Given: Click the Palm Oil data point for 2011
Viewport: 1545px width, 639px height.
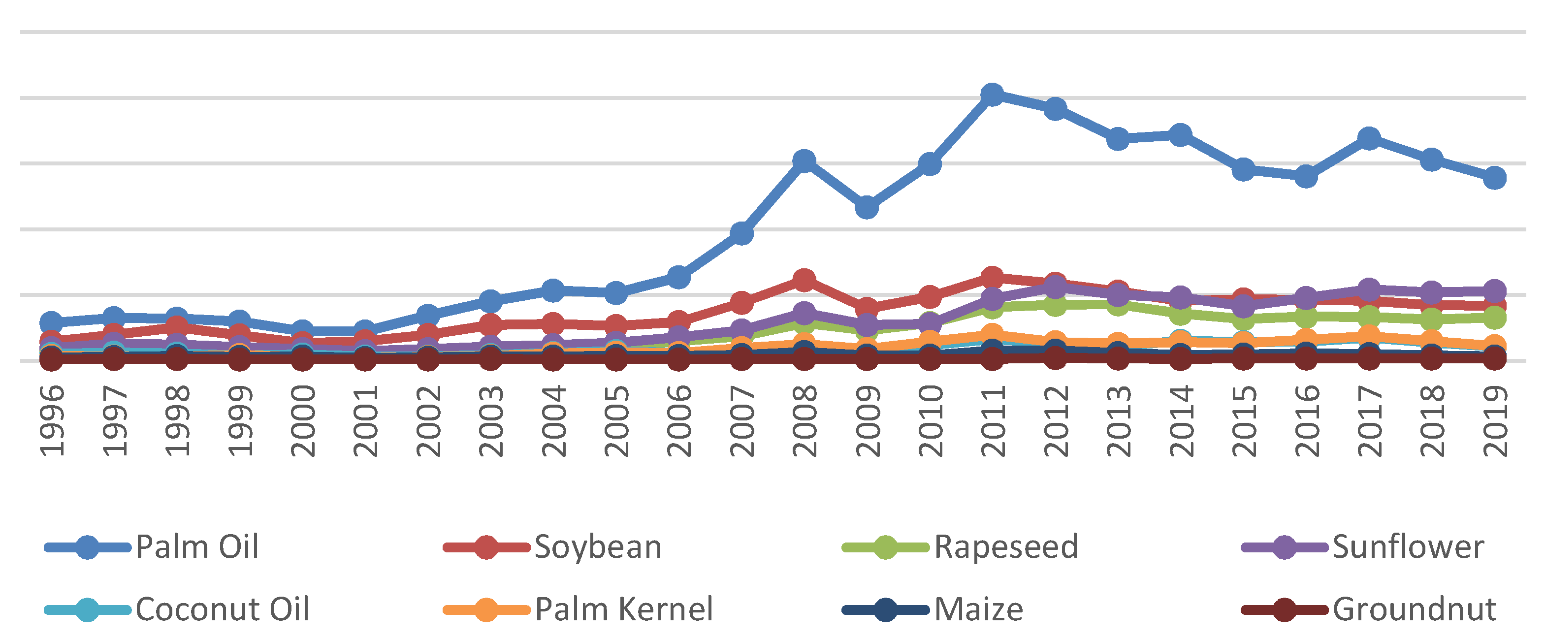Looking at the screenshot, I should coord(992,94).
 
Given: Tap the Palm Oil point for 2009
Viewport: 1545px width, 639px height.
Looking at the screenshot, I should coord(867,207).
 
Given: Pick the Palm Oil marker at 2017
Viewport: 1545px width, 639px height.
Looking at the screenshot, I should coord(1369,138).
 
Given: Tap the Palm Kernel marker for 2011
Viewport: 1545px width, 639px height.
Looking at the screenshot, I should coord(992,334).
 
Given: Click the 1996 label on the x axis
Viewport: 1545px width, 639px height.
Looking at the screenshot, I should coord(52,421).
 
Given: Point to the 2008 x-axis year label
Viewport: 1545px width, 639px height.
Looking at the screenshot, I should coord(805,421).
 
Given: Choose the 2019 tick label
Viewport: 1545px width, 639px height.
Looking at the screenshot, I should coord(1495,421).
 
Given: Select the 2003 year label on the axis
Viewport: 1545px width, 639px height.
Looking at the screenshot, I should coord(490,421).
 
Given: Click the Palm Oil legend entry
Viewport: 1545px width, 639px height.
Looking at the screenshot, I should coord(197,546).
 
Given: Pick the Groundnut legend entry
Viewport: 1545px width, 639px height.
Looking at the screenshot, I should coord(1414,609).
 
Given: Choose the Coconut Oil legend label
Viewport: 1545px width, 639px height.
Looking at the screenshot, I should coord(222,609).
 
